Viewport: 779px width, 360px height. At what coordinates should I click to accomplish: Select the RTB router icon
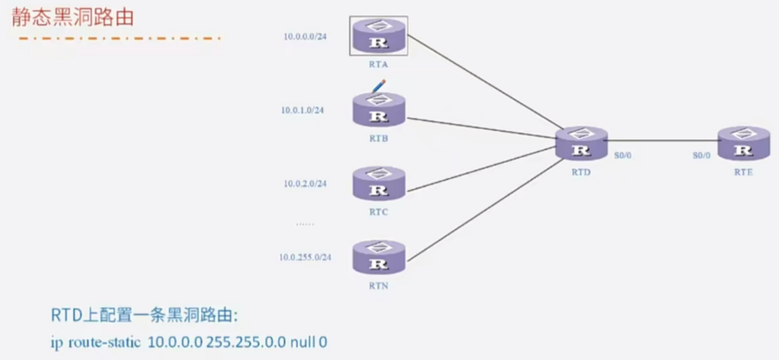[x=379, y=110]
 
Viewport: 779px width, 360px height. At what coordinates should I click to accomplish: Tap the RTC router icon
[x=379, y=183]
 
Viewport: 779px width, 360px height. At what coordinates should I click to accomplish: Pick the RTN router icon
[x=379, y=257]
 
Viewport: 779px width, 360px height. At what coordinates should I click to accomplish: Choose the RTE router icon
[x=743, y=143]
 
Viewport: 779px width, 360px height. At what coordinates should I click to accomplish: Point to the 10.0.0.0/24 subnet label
[x=304, y=36]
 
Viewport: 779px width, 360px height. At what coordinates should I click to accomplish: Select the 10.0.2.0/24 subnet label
[x=304, y=183]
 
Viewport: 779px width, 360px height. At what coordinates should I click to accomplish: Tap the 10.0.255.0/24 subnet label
[x=305, y=257]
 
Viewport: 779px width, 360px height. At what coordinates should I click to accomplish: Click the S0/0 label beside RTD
[x=624, y=155]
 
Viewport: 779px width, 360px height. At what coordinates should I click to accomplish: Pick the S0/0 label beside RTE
[x=701, y=155]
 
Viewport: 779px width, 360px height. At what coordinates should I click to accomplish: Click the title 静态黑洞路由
[x=72, y=18]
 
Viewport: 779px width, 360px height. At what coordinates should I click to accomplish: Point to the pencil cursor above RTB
[x=377, y=85]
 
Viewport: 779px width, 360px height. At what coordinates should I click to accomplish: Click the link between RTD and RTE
[x=662, y=140]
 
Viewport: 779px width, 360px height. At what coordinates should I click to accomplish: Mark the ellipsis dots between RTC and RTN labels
[x=305, y=224]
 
